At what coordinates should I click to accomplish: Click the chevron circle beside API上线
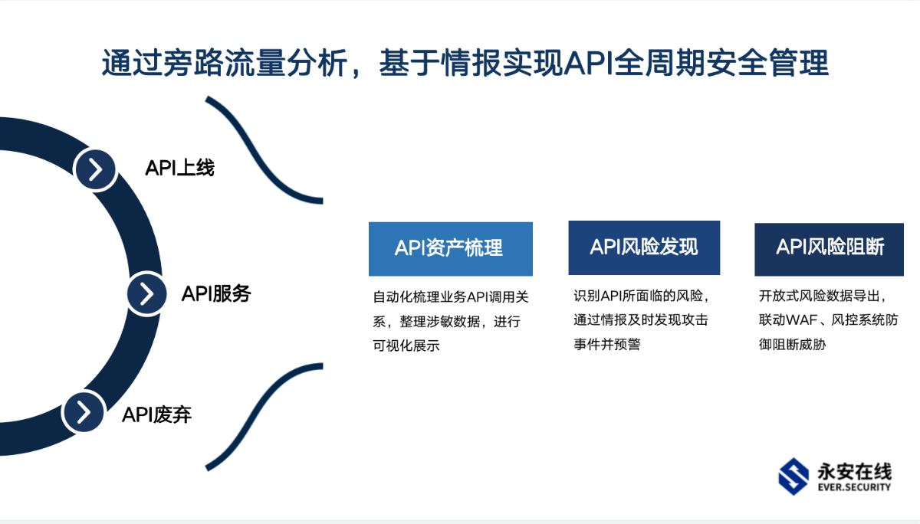point(96,169)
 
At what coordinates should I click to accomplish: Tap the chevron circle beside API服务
point(146,294)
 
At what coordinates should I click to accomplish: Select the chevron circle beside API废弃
point(84,412)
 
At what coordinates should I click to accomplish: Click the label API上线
point(180,168)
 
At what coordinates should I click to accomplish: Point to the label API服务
point(216,293)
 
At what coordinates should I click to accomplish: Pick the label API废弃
point(157,414)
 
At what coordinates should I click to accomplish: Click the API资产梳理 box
point(451,249)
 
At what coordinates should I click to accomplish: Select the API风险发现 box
point(644,248)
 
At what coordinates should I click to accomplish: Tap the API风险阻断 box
point(829,250)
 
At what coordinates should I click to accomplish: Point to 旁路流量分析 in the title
point(255,63)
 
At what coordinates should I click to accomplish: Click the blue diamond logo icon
point(793,477)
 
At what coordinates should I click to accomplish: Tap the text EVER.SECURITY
point(854,487)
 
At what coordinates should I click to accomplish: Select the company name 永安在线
point(855,471)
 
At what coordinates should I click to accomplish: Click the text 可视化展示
point(406,346)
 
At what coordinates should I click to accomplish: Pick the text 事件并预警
point(607,344)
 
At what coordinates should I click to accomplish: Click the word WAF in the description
point(798,319)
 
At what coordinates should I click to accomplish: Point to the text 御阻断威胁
point(792,344)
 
